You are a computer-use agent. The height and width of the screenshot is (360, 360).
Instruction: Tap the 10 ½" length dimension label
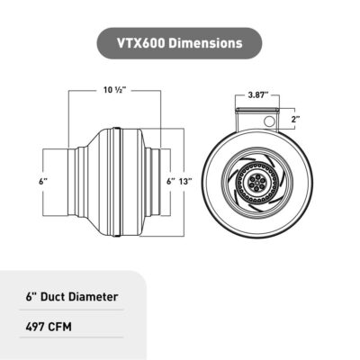click(113, 89)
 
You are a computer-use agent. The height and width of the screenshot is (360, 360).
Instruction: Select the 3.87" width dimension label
click(260, 94)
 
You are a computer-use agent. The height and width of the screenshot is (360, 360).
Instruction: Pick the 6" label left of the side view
click(41, 182)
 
